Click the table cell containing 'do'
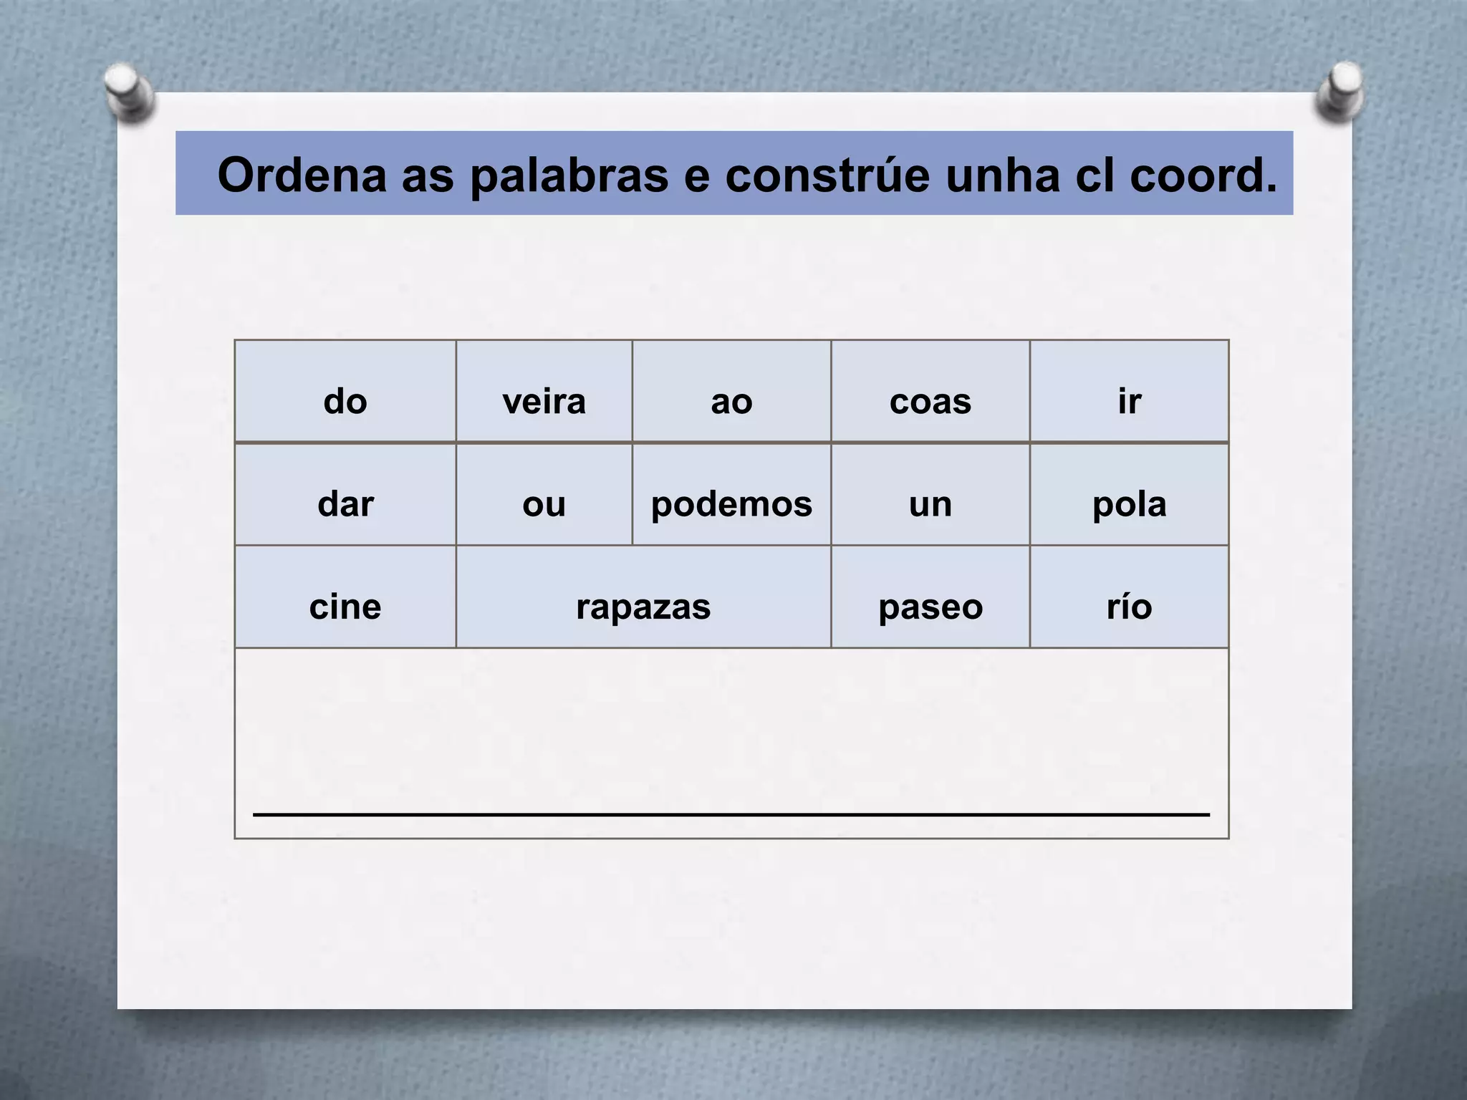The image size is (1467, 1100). [x=345, y=391]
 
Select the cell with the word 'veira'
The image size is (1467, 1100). [x=544, y=391]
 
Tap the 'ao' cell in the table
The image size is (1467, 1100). [x=731, y=391]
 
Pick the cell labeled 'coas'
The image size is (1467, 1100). [x=930, y=391]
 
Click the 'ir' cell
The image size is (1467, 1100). [x=1129, y=391]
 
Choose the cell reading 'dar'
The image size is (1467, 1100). [x=345, y=494]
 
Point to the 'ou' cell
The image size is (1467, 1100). [x=544, y=494]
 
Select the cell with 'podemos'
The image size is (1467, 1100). [x=731, y=494]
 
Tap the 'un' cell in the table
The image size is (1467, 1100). [x=930, y=494]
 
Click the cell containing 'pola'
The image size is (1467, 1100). [x=1129, y=494]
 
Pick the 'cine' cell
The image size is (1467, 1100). [x=345, y=597]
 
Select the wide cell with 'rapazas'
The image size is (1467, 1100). [x=643, y=597]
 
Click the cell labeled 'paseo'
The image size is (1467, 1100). [x=930, y=597]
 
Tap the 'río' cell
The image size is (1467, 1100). [x=1129, y=597]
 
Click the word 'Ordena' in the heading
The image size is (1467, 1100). [x=302, y=175]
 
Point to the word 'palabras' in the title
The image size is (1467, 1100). [x=569, y=175]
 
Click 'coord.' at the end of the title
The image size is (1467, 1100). [x=1203, y=175]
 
